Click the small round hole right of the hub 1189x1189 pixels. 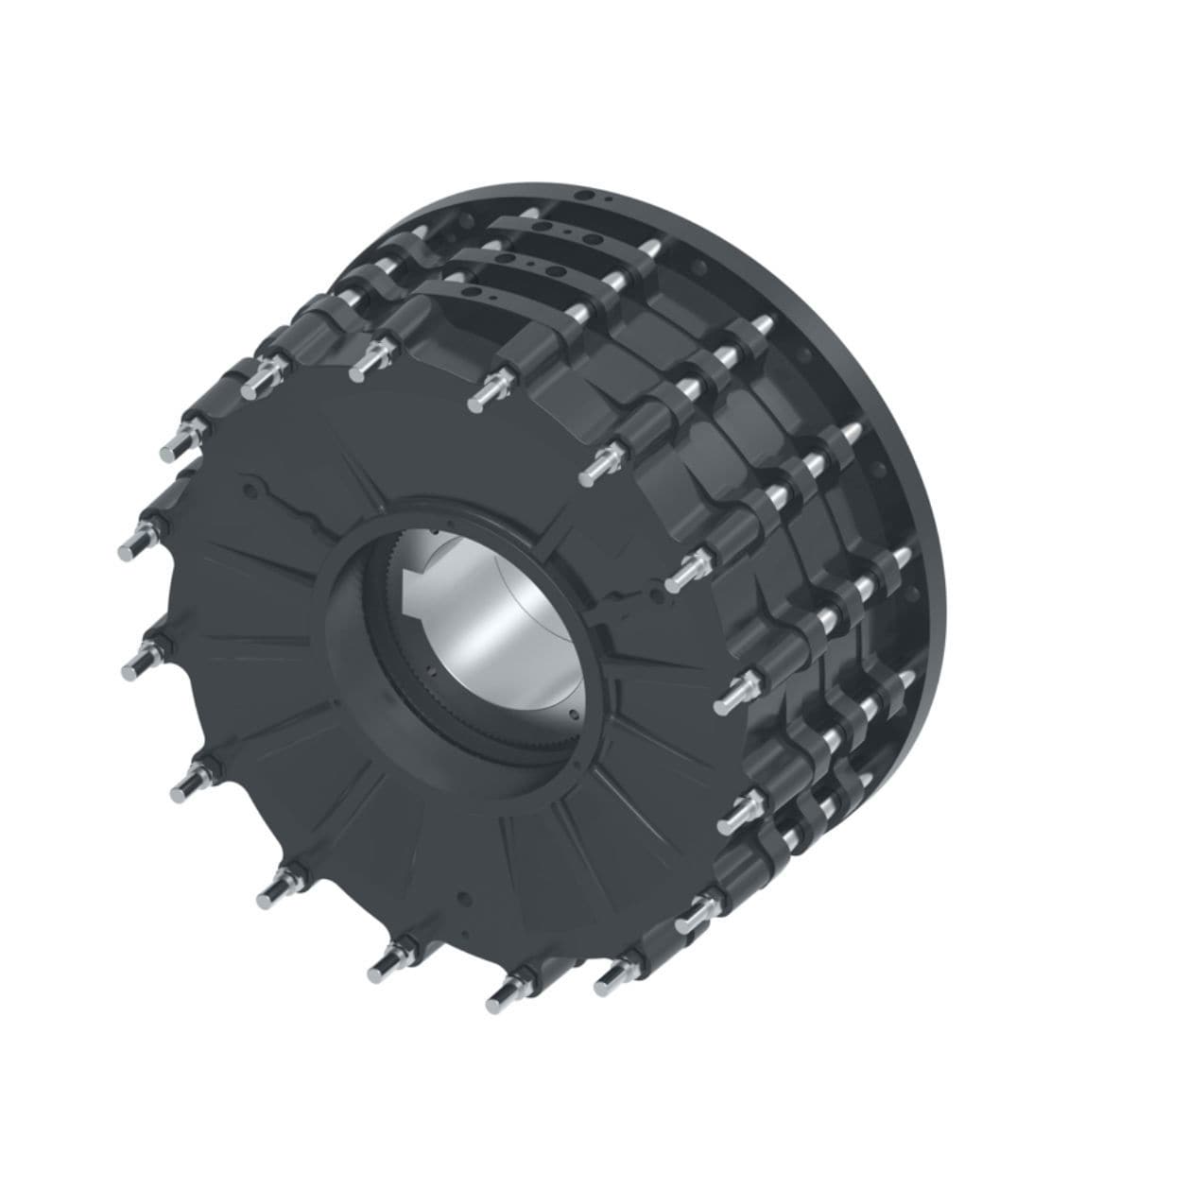(656, 594)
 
